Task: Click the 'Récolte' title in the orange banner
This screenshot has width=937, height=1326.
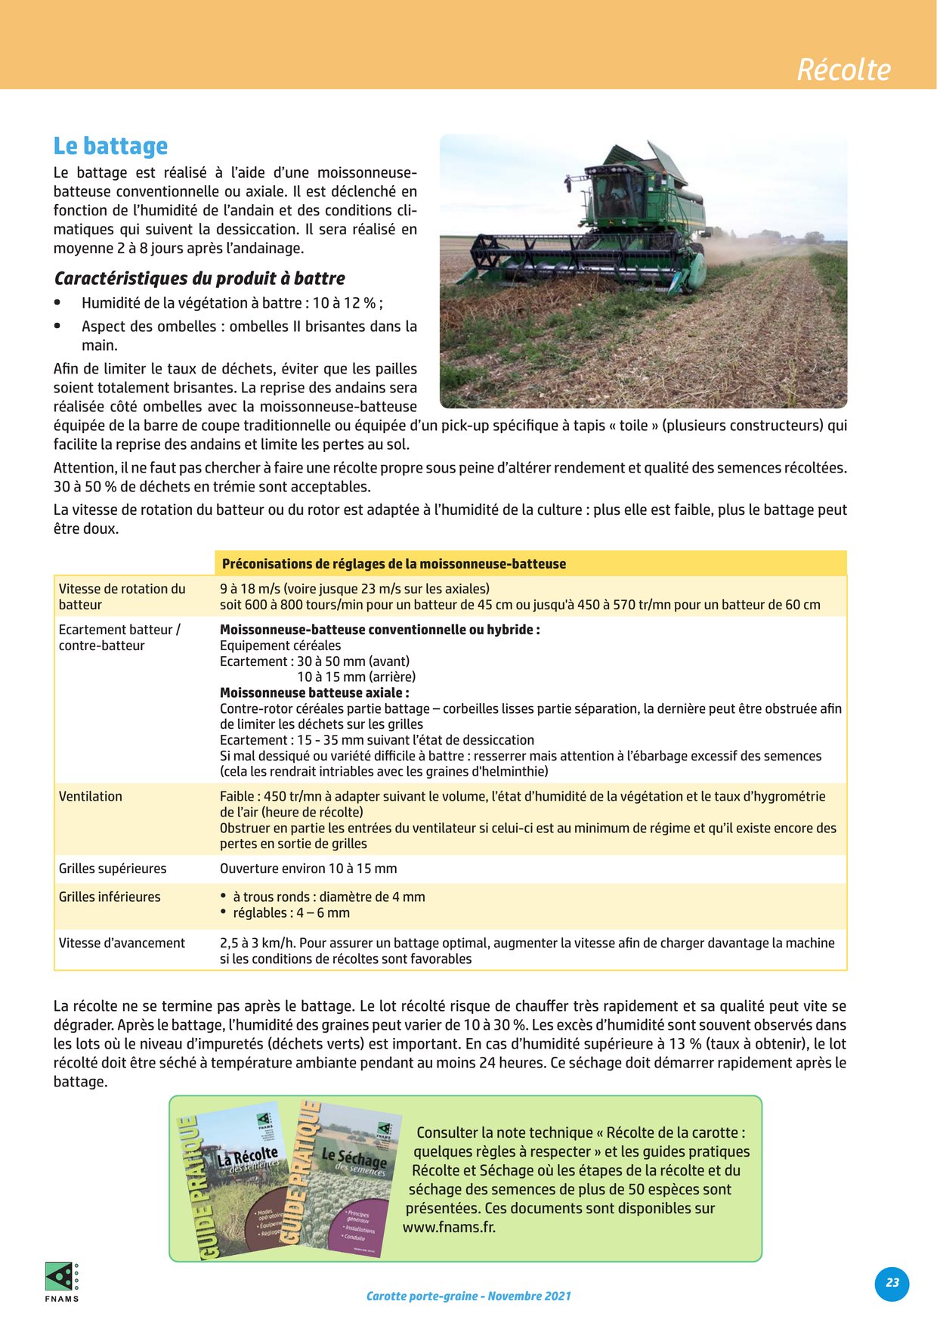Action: click(x=843, y=70)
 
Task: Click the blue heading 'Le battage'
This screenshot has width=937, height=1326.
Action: click(x=110, y=146)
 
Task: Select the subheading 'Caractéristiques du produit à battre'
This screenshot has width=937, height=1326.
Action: click(x=199, y=278)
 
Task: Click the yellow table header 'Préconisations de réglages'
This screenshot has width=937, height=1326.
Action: click(x=394, y=564)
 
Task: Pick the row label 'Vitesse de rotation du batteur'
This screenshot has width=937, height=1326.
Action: click(x=122, y=596)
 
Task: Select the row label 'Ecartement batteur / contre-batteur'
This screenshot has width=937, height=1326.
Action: click(x=119, y=637)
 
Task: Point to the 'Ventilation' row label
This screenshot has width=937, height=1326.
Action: click(x=91, y=796)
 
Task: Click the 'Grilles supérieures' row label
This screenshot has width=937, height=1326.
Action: click(x=113, y=869)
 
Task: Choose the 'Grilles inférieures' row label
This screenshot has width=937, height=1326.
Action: click(x=110, y=897)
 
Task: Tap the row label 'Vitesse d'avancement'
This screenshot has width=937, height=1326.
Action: click(x=122, y=943)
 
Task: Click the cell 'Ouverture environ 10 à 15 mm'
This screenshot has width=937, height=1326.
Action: click(x=308, y=869)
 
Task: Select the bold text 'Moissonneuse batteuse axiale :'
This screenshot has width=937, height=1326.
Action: click(x=314, y=692)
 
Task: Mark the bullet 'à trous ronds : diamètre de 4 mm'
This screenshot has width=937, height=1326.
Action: click(x=329, y=897)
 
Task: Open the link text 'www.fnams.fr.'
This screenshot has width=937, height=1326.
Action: click(x=449, y=1227)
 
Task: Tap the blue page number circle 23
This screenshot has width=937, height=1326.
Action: click(x=892, y=1283)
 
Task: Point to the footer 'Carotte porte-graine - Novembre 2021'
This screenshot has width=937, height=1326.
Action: click(x=468, y=1296)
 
